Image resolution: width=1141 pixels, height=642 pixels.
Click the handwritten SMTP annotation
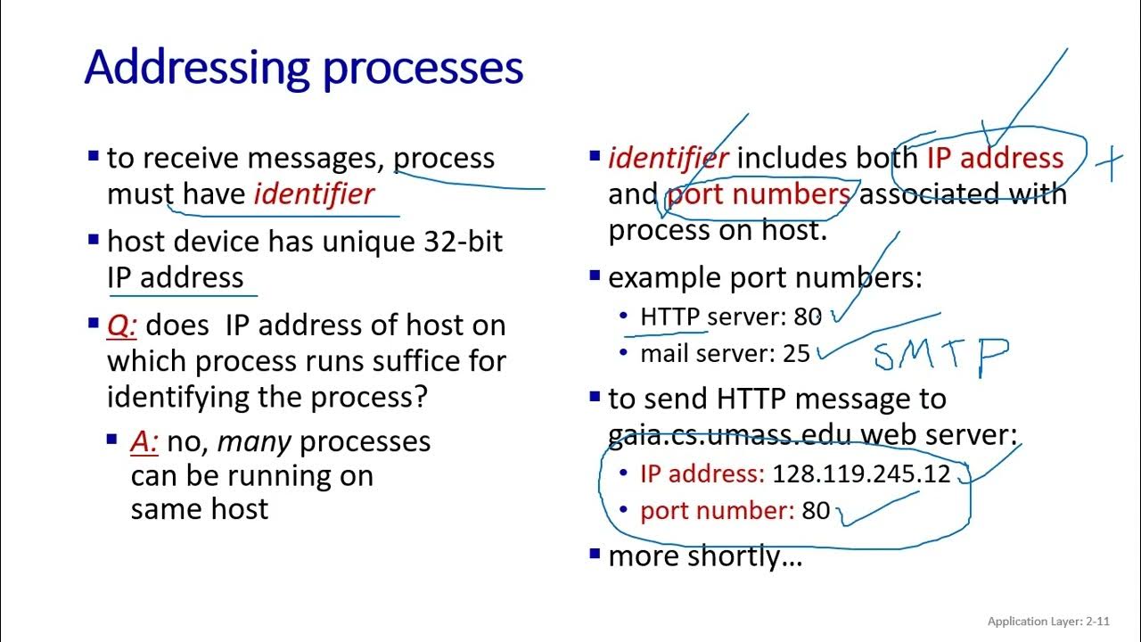tap(940, 355)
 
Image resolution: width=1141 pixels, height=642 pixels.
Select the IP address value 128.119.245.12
tap(861, 473)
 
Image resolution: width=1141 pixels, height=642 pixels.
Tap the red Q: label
tap(122, 325)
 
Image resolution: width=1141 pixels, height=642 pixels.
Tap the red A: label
tap(144, 441)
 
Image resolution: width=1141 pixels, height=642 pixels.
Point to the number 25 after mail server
tap(796, 354)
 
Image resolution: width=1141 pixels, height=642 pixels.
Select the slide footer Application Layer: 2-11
tap(1048, 621)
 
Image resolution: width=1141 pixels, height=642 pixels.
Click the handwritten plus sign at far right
tap(1108, 164)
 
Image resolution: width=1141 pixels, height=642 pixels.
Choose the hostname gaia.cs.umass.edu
tap(729, 435)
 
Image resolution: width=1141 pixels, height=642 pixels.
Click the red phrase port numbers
tap(759, 194)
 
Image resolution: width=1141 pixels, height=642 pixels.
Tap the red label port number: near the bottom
tap(717, 510)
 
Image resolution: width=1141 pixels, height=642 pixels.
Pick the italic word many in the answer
tap(240, 441)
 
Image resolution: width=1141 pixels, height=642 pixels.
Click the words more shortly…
tap(705, 556)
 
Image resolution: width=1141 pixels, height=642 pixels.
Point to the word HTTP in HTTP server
tap(669, 317)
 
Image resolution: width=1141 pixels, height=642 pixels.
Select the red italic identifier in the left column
tap(314, 194)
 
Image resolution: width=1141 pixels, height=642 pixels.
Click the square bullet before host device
tap(94, 239)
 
